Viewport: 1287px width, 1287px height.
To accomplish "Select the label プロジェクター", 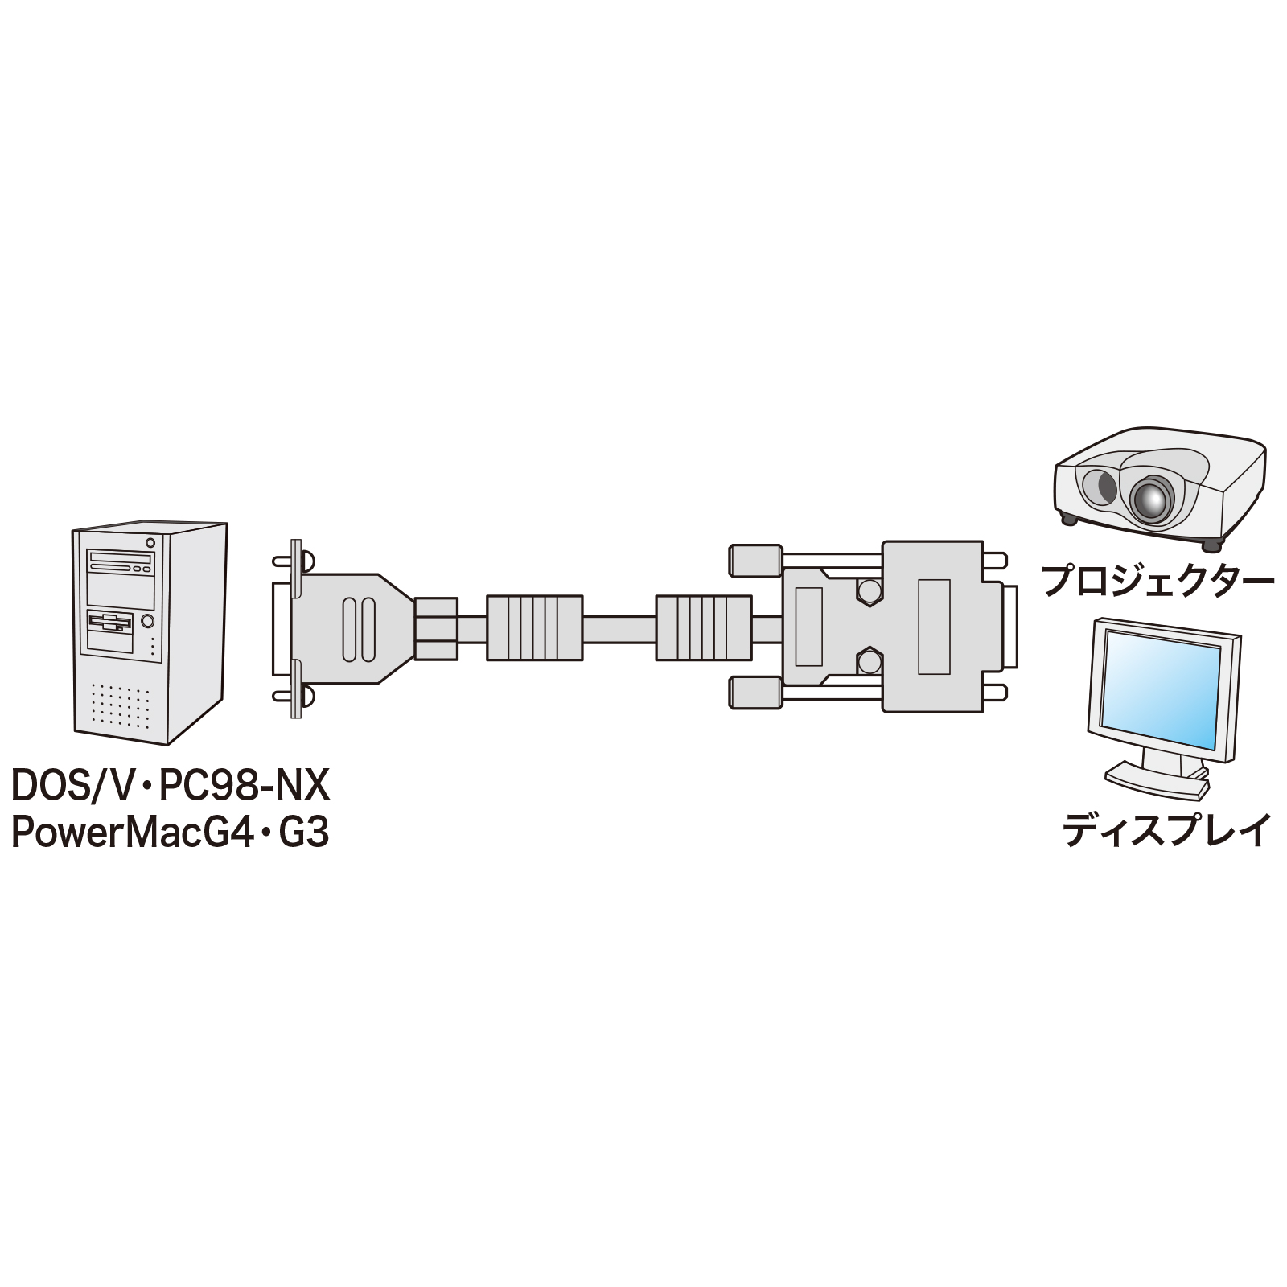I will [1157, 581].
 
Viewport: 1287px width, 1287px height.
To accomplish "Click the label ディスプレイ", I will [1167, 830].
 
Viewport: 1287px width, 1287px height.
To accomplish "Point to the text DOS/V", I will [70, 786].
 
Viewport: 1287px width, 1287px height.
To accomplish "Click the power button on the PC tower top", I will [150, 541].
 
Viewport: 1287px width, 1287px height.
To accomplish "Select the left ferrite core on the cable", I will [534, 628].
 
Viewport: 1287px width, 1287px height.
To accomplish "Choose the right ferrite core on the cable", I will [703, 628].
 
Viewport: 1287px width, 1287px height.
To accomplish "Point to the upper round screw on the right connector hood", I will [867, 591].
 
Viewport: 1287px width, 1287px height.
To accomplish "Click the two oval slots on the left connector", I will [358, 628].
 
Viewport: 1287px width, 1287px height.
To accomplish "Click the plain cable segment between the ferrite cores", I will [619, 628].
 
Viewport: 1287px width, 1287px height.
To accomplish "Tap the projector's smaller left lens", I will [1097, 486].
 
